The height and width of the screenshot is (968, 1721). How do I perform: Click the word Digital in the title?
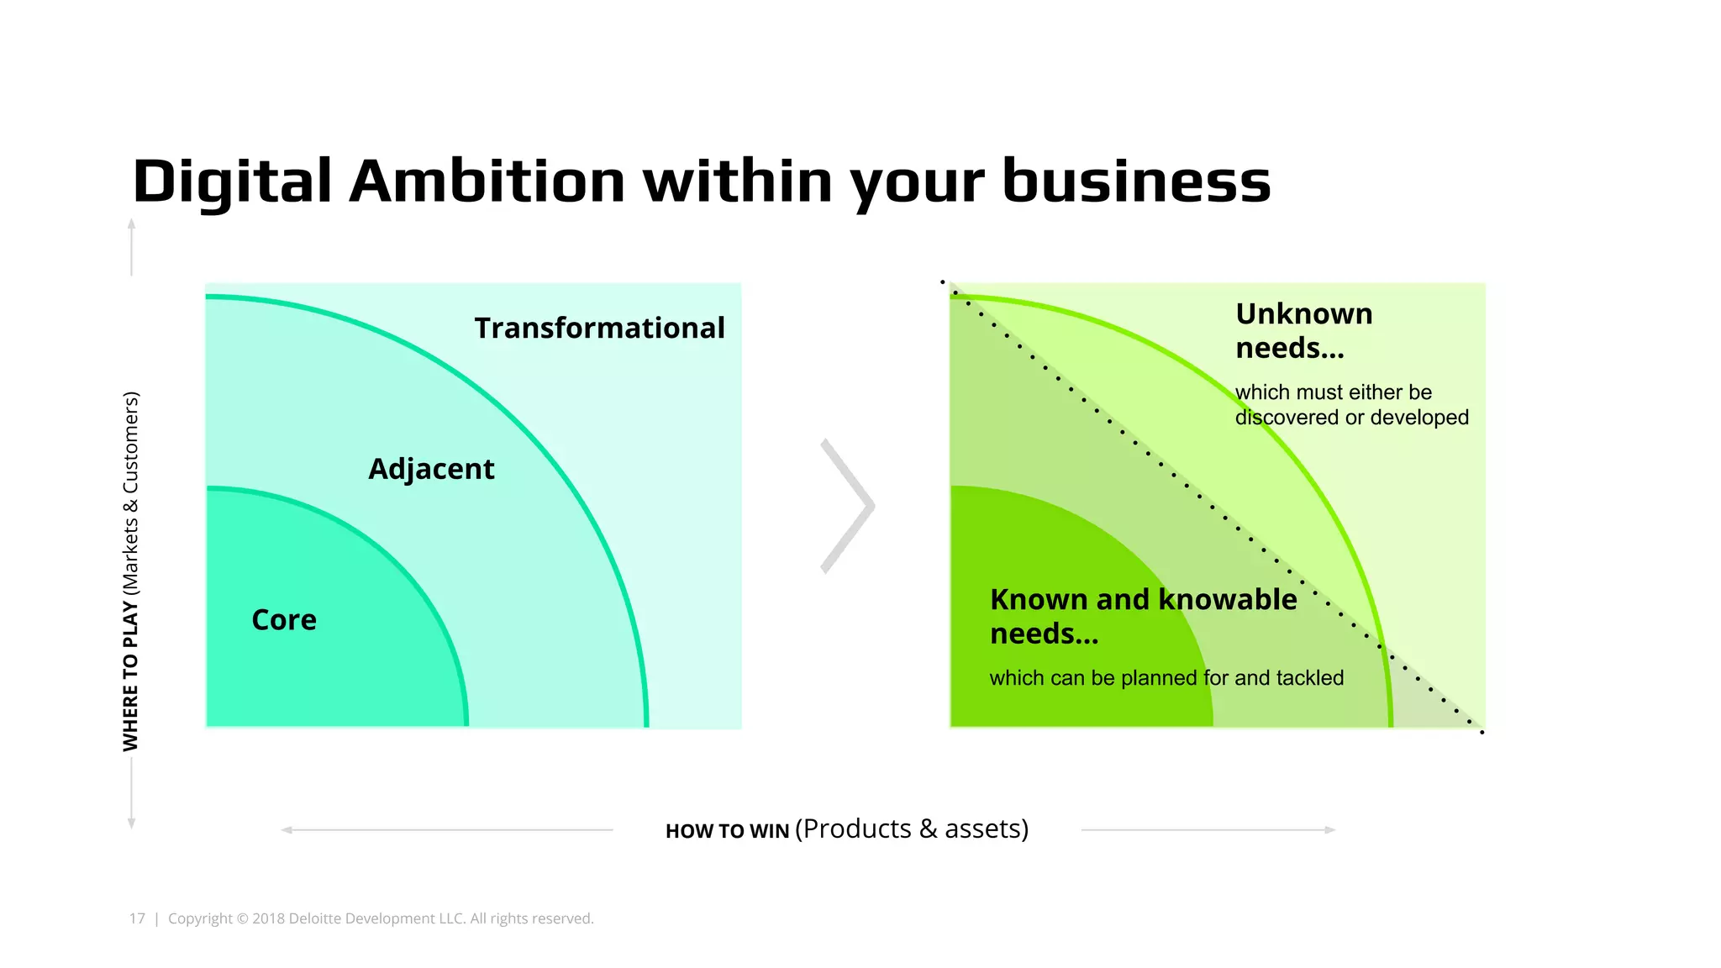231,182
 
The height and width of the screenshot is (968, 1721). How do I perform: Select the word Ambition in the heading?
487,182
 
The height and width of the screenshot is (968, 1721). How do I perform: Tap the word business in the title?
1136,182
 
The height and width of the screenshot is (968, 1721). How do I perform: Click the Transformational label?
599,328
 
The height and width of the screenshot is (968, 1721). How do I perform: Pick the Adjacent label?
431,469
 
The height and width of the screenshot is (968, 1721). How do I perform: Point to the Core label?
284,620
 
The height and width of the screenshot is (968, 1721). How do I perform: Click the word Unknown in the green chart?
1303,314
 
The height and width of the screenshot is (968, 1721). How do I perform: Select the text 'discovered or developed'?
1351,418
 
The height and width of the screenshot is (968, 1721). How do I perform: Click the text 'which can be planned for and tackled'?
1166,678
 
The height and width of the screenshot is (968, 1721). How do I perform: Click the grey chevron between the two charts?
849,506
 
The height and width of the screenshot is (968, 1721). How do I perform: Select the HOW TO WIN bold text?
727,832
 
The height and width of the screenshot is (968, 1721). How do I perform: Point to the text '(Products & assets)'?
912,829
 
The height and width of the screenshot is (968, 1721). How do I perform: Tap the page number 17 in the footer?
137,918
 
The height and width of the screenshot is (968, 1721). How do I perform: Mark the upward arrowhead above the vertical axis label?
131,224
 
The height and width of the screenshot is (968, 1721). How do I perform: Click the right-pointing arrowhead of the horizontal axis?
1329,830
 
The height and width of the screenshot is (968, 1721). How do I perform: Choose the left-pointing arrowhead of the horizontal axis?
287,830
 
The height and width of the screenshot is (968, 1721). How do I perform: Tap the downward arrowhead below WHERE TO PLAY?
131,823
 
